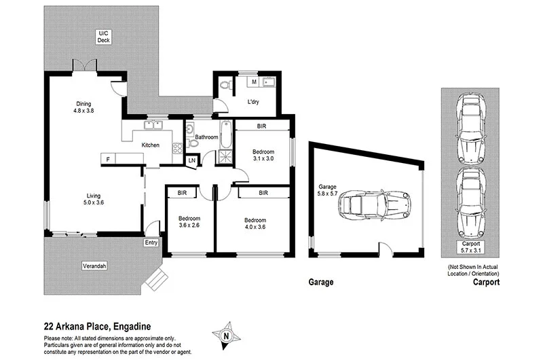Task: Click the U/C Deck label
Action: [x=103, y=37]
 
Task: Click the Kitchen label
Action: [x=151, y=145]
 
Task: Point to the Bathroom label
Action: [x=206, y=137]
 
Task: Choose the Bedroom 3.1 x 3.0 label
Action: [x=263, y=155]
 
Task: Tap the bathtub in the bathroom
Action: [x=225, y=135]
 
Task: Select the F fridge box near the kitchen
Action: [x=107, y=158]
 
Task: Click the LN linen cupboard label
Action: [x=192, y=160]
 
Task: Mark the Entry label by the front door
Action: [x=151, y=242]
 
